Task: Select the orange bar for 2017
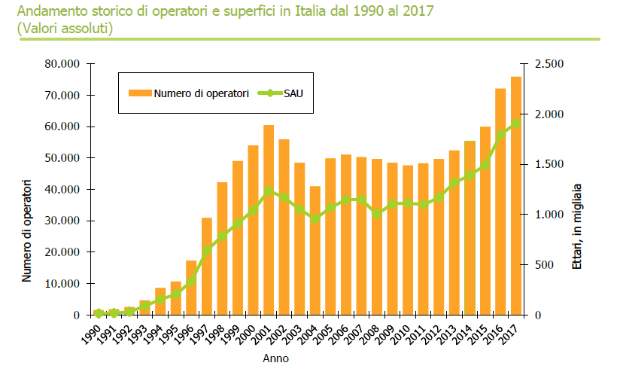(516, 196)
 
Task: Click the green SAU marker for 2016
(500, 135)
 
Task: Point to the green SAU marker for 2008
(377, 214)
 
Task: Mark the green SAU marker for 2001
(269, 191)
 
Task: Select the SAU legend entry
(293, 93)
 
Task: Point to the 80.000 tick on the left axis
(62, 64)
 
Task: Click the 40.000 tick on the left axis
(62, 190)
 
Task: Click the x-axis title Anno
(275, 358)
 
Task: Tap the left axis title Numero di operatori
(27, 230)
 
